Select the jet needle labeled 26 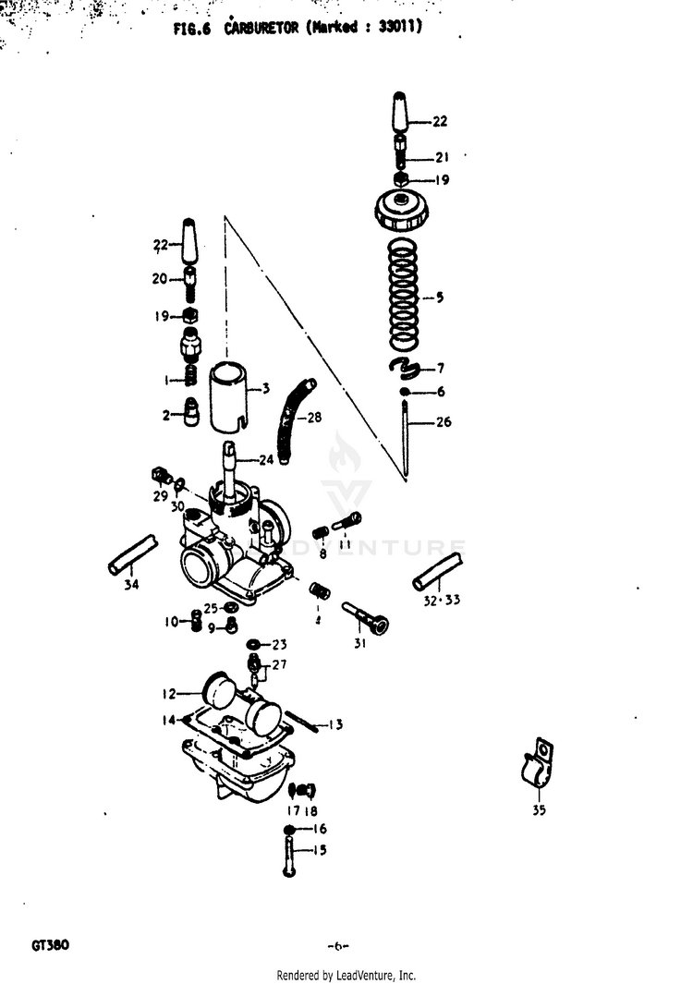click(406, 434)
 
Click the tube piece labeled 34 click(133, 553)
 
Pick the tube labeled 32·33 click(438, 569)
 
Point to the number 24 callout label click(266, 459)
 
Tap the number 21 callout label click(442, 156)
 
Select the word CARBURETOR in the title click(261, 29)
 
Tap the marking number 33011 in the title click(400, 29)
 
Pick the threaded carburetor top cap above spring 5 click(401, 212)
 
